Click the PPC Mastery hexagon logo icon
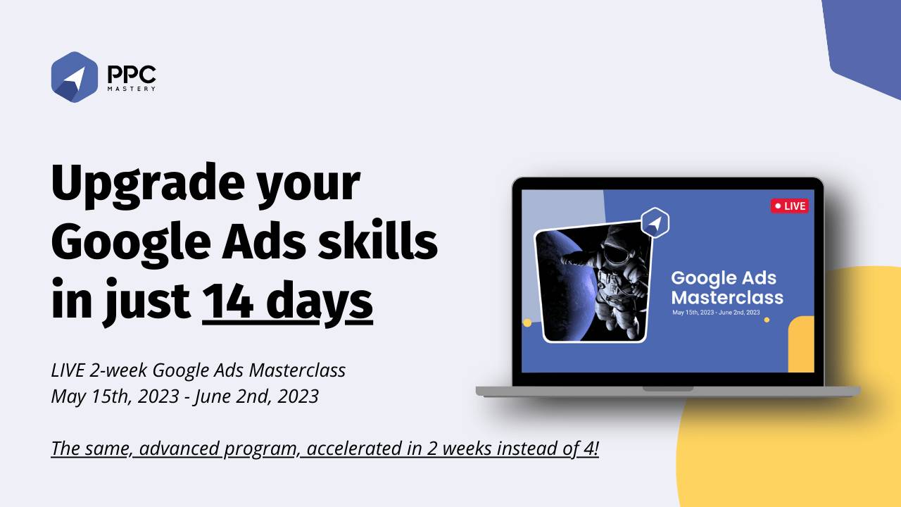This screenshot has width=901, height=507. point(74,77)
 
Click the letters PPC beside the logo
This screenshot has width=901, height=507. point(132,73)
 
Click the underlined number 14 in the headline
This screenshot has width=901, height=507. point(229,301)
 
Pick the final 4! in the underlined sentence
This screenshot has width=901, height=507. point(590,449)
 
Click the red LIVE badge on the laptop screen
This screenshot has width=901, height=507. point(789,206)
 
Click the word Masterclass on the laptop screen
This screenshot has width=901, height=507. point(727,296)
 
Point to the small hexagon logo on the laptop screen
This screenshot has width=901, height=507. point(655,223)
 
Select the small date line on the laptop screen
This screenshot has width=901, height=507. point(716,312)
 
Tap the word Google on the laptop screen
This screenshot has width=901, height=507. point(704,278)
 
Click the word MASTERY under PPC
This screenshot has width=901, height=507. point(132,89)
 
